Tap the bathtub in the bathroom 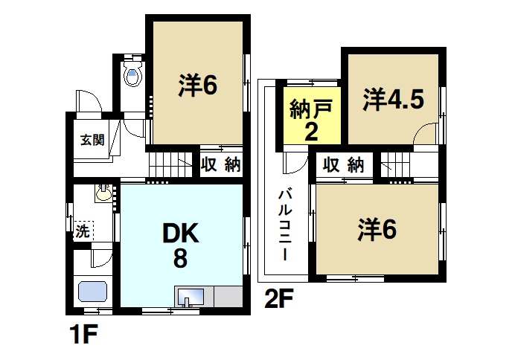coord(92,292)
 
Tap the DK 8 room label coord(181,246)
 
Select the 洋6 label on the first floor coord(197,86)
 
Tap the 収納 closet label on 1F coord(220,165)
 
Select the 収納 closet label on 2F coord(344,164)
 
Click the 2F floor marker coord(280,299)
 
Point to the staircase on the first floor coord(170,162)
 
